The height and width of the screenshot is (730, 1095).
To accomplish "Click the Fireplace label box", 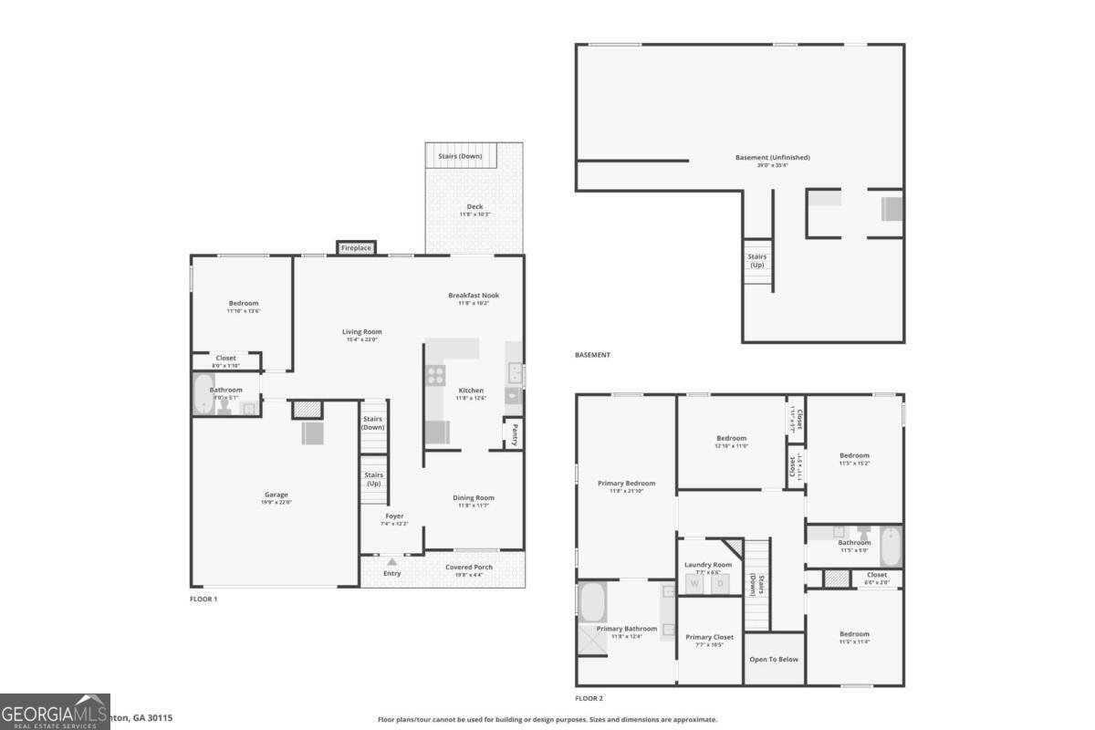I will click(x=356, y=247).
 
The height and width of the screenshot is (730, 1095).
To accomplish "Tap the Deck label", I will click(x=474, y=207).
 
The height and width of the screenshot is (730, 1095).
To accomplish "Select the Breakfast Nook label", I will click(x=474, y=296).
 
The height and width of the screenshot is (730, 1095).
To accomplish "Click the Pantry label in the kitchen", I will click(x=515, y=432).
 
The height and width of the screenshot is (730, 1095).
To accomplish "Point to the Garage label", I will click(x=276, y=495).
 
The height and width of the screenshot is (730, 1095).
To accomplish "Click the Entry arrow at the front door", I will click(x=392, y=562).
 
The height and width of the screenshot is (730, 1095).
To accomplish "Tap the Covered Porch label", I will click(x=469, y=568).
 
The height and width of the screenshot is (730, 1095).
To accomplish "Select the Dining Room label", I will click(x=474, y=498).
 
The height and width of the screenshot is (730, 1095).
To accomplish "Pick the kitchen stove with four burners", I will click(x=435, y=374).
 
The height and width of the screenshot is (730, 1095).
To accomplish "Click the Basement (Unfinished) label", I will click(x=772, y=158).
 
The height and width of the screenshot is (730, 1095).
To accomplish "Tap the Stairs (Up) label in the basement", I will click(x=757, y=261).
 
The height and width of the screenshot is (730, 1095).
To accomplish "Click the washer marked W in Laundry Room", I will click(x=693, y=583).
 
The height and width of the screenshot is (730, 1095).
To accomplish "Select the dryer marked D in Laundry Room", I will click(x=719, y=583).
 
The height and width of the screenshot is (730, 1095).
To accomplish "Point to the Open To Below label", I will click(x=774, y=659).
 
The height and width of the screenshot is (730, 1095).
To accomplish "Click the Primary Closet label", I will click(x=709, y=638).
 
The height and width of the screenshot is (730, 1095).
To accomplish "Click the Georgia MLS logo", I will click(x=55, y=712).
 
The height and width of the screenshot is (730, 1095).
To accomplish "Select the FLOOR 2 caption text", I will click(x=589, y=698).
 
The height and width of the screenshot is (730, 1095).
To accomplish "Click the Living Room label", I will click(x=362, y=332).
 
